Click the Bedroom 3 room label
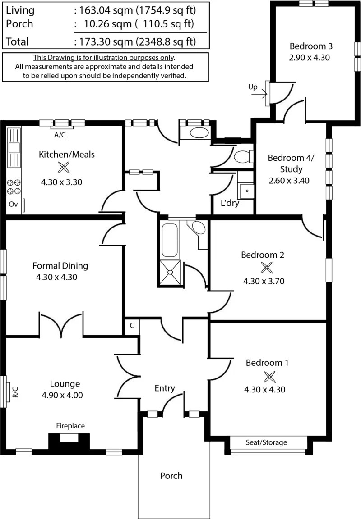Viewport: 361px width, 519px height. coord(311,46)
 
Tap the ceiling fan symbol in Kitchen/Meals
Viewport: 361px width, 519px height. coord(64,167)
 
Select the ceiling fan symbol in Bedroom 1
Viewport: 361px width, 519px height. coord(269,377)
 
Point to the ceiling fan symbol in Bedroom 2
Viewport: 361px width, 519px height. coord(266,268)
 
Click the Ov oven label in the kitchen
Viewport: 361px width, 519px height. coord(13,204)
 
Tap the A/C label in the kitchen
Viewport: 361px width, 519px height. coord(60,135)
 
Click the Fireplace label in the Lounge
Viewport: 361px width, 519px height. coord(70,426)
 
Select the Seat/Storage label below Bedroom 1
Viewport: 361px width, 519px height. coord(267,442)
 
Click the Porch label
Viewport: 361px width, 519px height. coord(171,476)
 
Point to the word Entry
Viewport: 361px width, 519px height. coord(165,388)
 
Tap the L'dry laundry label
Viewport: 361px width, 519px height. coord(230,203)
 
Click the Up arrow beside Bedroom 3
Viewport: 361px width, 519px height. coord(259,94)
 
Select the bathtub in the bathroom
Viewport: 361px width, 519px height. coord(170,241)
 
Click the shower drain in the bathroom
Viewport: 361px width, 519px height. coord(171,272)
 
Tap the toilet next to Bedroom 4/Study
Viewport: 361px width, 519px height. coord(243,157)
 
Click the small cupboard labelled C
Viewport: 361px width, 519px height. coord(132,326)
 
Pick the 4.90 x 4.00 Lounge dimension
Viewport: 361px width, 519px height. coord(62,395)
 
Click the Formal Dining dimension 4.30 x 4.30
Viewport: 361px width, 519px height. coord(57,277)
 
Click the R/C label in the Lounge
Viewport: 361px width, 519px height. coord(15,392)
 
